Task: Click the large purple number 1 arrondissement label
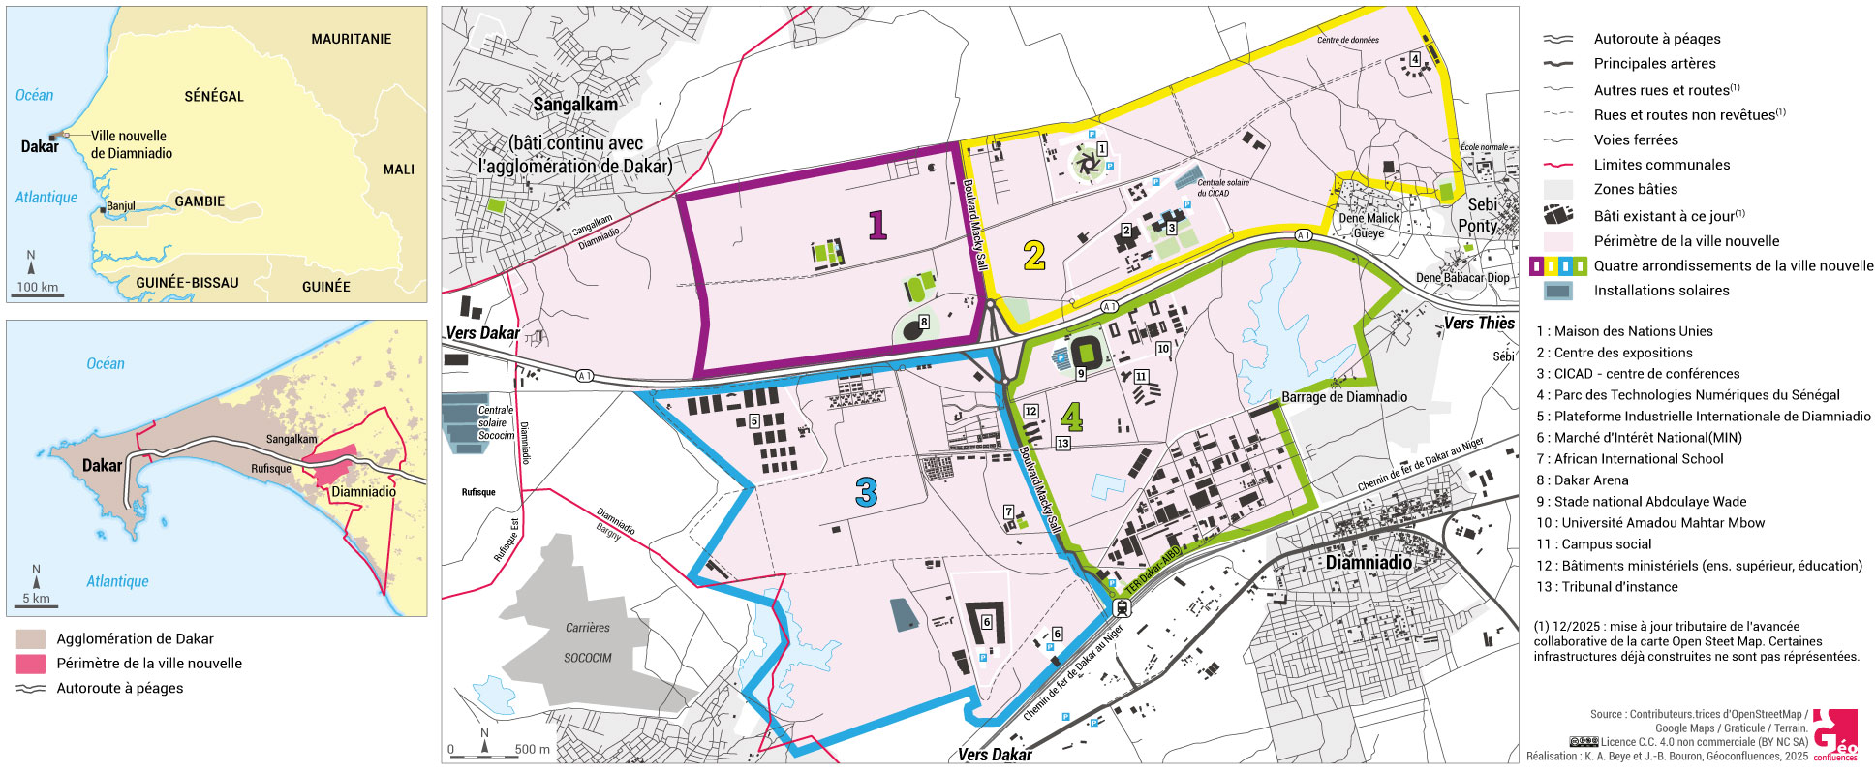click(x=877, y=225)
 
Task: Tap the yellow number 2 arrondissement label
click(x=1034, y=256)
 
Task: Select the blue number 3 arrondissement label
click(x=866, y=493)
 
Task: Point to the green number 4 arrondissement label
click(x=1071, y=418)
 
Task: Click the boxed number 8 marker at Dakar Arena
click(x=924, y=323)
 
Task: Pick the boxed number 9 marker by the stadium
click(x=1081, y=373)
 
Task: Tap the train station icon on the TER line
click(x=1123, y=608)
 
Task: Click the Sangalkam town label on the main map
click(x=575, y=105)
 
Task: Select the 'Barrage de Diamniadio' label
click(x=1343, y=397)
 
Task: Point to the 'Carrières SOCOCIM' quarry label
click(x=588, y=642)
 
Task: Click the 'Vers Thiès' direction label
click(x=1478, y=324)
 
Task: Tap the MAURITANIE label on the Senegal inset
click(x=351, y=39)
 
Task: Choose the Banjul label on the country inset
click(x=121, y=206)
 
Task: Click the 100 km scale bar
click(x=38, y=293)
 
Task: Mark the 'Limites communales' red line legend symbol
click(x=1557, y=166)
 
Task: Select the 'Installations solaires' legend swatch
click(x=1557, y=291)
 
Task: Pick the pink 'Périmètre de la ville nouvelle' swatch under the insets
click(x=31, y=664)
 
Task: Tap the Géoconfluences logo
click(x=1834, y=735)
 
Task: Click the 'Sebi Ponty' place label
click(x=1480, y=215)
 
